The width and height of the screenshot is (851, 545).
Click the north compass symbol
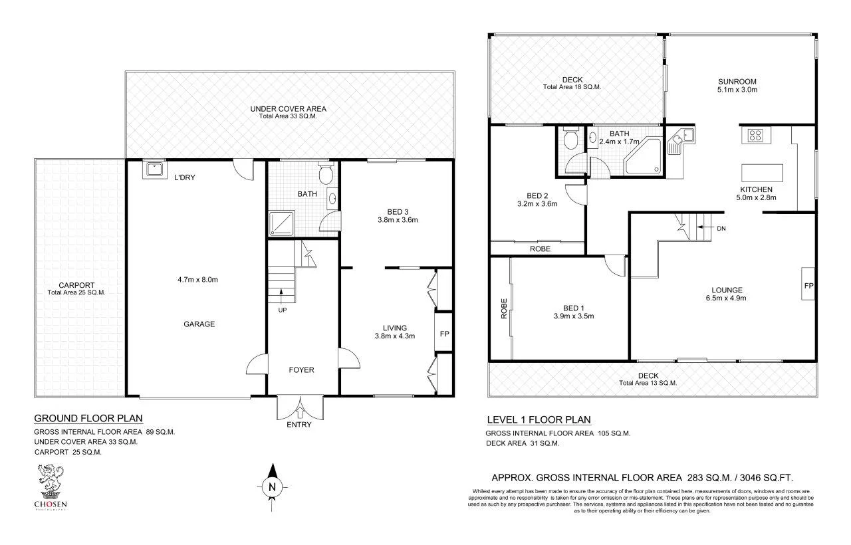pos(271,486)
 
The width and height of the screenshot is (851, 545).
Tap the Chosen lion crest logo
pos(51,481)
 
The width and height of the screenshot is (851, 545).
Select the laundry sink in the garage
pos(154,171)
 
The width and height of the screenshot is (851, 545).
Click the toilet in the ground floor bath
pos(325,175)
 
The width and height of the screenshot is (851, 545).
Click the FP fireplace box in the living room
pos(443,333)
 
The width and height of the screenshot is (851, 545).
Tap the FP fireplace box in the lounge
pos(808,284)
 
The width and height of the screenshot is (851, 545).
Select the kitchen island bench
pos(762,173)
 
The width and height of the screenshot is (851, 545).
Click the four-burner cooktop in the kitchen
pos(756,136)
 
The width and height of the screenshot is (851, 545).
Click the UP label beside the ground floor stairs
pos(282,310)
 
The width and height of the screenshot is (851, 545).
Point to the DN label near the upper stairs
pos(721,229)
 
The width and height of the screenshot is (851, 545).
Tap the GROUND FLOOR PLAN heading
pos(88,419)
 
